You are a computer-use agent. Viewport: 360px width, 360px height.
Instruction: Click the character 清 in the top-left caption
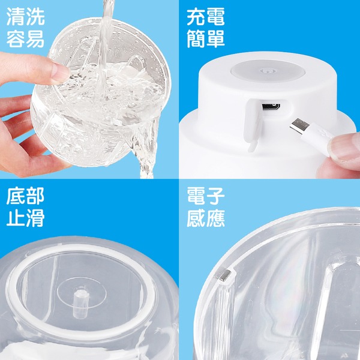16,17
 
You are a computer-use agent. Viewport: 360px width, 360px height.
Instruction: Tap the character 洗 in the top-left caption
35,17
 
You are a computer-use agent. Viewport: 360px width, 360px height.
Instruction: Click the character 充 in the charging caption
196,17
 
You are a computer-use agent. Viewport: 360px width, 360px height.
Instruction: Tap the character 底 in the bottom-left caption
16,196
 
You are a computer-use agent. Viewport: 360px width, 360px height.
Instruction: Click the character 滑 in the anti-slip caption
35,218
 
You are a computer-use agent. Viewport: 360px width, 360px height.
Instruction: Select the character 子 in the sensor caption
215,196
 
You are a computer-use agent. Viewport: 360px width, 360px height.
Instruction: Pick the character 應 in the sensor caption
215,218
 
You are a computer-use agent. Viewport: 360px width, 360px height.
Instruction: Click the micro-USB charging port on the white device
271,107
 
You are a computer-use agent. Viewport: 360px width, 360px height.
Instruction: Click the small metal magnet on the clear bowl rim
225,275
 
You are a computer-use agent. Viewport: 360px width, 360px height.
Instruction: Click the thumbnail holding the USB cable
344,147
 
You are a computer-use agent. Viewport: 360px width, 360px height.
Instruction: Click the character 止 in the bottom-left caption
16,218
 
